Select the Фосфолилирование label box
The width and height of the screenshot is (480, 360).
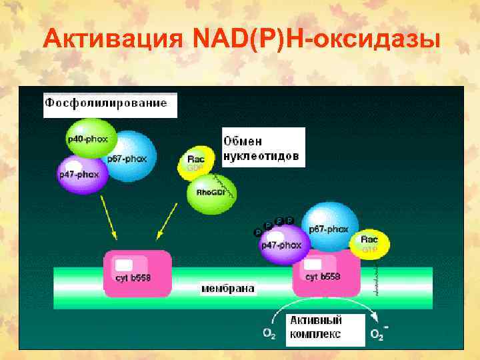(110, 105)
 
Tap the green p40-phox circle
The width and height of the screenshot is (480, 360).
(91, 140)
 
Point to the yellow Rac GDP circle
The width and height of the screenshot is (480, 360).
(197, 163)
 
